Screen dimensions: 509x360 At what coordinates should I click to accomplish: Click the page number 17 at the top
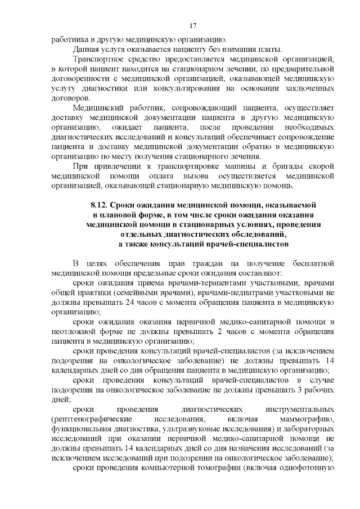coord(192,25)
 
